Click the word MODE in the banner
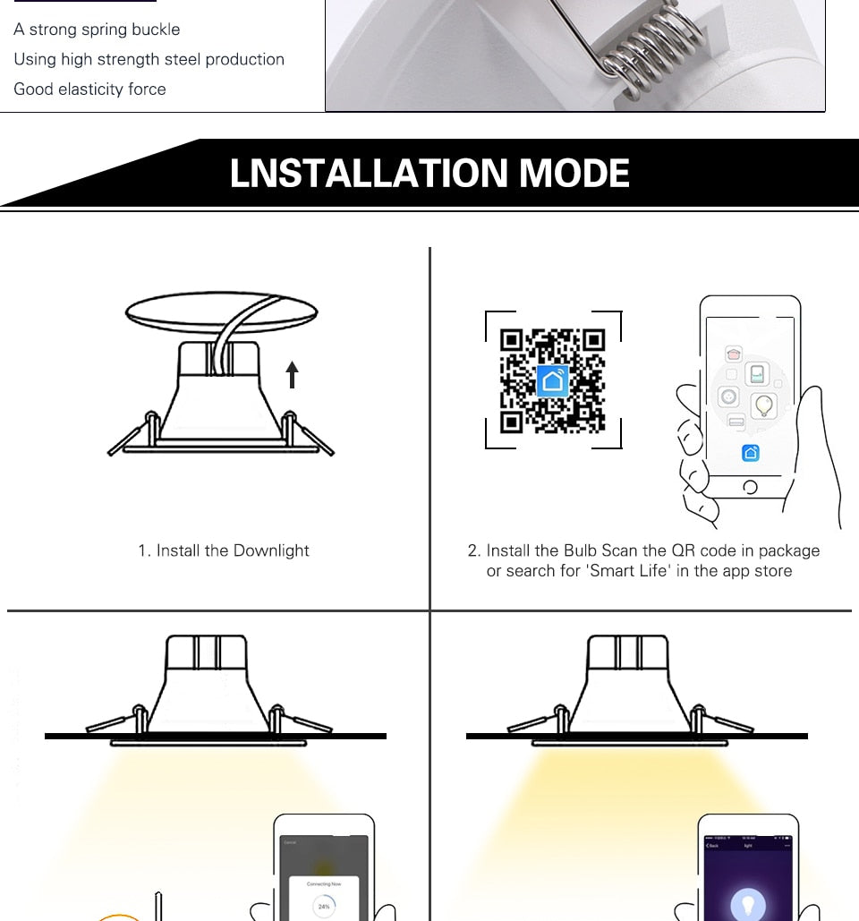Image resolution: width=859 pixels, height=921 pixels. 574,174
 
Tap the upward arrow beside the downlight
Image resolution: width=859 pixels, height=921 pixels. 292,373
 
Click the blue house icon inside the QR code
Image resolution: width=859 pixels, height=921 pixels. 553,381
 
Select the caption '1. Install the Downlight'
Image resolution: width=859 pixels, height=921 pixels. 223,550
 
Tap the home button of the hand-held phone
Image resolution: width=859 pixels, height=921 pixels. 750,487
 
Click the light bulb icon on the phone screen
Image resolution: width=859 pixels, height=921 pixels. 763,405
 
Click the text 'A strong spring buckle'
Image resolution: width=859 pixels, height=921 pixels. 97,30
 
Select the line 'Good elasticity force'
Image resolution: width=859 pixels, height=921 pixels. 89,90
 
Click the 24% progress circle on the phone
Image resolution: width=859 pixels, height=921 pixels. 324,905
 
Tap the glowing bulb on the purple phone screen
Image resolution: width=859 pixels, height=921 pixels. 748,904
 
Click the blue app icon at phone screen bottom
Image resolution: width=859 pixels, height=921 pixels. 750,453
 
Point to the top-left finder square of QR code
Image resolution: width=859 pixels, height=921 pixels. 511,340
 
